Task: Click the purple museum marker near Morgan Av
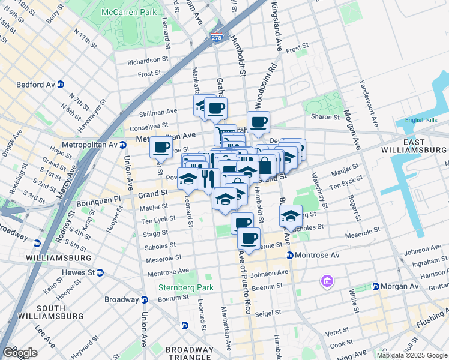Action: pos(327,281)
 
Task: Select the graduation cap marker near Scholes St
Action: pos(291,217)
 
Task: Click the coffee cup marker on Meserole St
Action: pos(249,238)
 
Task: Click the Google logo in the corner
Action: pos(20,353)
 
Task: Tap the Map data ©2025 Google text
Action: pos(411,355)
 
